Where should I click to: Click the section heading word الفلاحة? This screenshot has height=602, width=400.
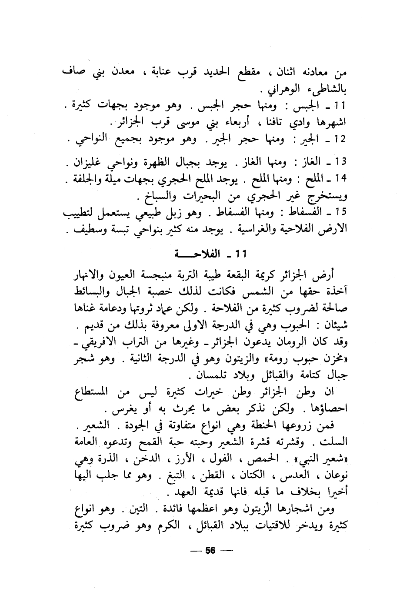tap(234, 254)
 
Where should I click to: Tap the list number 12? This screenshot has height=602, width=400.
tap(340, 140)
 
